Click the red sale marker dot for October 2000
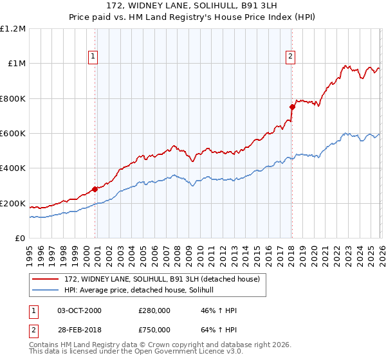[95, 189]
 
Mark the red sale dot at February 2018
[291, 107]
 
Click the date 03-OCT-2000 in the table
[79, 310]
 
